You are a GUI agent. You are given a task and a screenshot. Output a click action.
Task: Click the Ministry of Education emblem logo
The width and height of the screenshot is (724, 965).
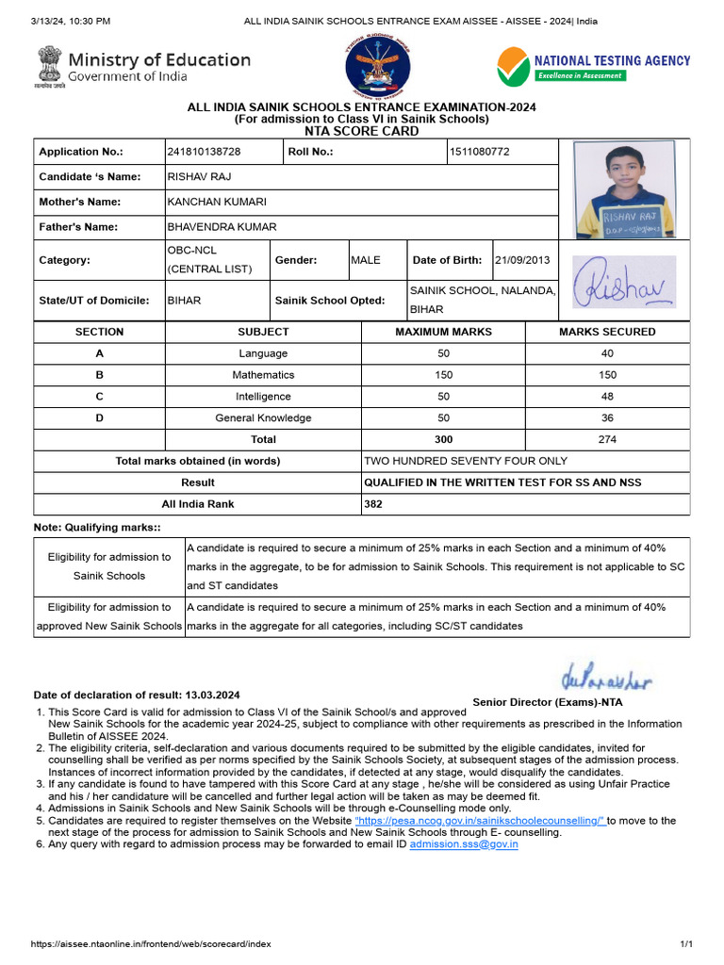tap(49, 67)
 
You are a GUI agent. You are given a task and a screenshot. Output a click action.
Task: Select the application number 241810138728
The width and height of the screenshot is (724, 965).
tap(204, 152)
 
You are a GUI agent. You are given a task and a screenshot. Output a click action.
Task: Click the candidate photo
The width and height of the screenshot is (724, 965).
tap(624, 191)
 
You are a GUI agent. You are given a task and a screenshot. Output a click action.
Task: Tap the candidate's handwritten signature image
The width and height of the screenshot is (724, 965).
tap(624, 281)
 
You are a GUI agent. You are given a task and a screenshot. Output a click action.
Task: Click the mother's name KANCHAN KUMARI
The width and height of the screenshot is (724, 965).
tap(217, 202)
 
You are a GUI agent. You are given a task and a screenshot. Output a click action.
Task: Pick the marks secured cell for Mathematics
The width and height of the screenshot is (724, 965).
tap(606, 375)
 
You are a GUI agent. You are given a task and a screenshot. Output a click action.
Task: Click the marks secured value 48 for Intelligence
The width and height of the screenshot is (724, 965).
tap(606, 397)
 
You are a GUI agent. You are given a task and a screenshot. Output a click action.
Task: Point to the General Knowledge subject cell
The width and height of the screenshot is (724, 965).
tap(263, 418)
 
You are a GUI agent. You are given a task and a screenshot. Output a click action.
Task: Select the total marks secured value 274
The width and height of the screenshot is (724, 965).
tap(606, 440)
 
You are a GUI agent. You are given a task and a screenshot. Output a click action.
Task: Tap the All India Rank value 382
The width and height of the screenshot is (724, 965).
tap(374, 504)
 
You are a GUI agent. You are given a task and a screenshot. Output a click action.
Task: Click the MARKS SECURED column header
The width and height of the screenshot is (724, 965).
tap(606, 332)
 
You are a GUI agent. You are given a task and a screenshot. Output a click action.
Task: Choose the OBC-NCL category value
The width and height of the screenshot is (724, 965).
tap(193, 252)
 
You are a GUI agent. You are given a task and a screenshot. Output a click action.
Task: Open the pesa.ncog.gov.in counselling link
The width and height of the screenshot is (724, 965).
tap(481, 821)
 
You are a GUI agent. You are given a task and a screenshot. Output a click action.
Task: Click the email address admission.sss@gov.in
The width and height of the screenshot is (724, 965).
tap(464, 844)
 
